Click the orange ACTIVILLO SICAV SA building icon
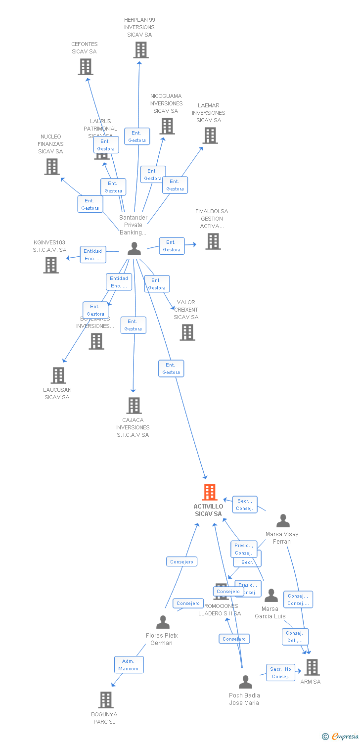pyautogui.click(x=210, y=492)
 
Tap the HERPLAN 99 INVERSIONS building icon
pyautogui.click(x=141, y=50)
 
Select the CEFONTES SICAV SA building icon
pyautogui.click(x=86, y=67)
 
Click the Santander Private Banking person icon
pyautogui.click(x=134, y=249)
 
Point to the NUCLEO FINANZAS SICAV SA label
pyautogui.click(x=51, y=144)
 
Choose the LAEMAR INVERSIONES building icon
pyautogui.click(x=210, y=136)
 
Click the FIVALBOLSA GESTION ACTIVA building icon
pyautogui.click(x=213, y=241)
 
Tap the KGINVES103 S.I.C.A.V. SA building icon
pyautogui.click(x=51, y=265)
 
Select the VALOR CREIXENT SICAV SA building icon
pyautogui.click(x=187, y=332)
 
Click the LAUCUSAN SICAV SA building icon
pyautogui.click(x=58, y=375)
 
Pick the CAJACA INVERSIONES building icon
pyautogui.click(x=134, y=406)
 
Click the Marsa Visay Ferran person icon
pyautogui.click(x=283, y=521)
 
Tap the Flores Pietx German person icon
pyautogui.click(x=163, y=622)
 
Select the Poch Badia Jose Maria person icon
pyautogui.click(x=245, y=682)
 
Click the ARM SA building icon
pyautogui.click(x=312, y=667)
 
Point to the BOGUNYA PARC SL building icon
pyautogui.click(x=106, y=700)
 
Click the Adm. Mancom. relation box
pyautogui.click(x=129, y=665)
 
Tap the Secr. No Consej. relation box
pyautogui.click(x=280, y=673)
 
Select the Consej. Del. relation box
pyautogui.click(x=295, y=637)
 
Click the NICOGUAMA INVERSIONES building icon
pyautogui.click(x=167, y=126)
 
